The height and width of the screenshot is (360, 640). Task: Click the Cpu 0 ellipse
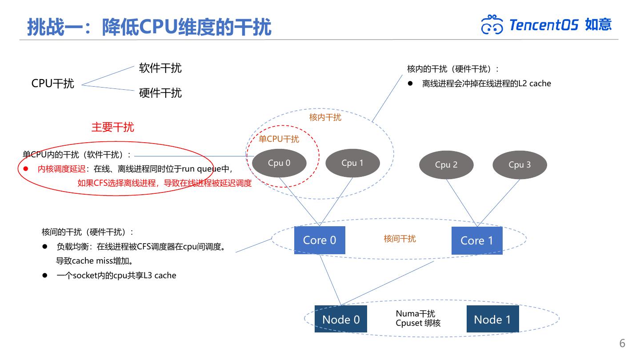[279, 163]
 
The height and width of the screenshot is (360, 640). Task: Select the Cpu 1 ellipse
[352, 163]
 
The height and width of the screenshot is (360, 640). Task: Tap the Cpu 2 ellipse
[446, 165]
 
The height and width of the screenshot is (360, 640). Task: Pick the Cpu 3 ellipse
[520, 165]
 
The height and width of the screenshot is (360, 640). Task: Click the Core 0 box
[320, 240]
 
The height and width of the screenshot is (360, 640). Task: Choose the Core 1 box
[477, 240]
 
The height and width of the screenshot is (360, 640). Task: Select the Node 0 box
[341, 319]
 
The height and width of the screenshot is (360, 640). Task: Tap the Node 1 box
[492, 319]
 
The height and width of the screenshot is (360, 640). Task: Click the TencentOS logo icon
[492, 25]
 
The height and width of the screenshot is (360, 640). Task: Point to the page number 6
[622, 343]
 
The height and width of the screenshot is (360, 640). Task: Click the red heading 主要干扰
[112, 127]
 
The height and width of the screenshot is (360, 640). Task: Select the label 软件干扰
[160, 68]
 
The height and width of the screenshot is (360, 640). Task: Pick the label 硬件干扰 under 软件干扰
[160, 93]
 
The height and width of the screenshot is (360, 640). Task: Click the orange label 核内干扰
[325, 117]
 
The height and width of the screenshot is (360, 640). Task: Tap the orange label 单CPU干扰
[279, 139]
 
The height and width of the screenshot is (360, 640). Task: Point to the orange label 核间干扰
[400, 239]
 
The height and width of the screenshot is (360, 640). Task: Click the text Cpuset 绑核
[418, 323]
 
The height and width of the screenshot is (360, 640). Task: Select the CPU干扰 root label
[52, 84]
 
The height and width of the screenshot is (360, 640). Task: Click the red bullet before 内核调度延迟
[26, 169]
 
